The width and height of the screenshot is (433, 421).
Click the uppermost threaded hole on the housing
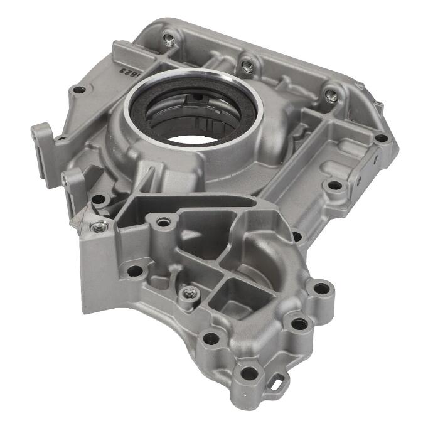tap(168, 39)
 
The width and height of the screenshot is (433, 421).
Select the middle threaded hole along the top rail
tap(248, 65)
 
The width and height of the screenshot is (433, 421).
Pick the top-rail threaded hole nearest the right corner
tap(331, 96)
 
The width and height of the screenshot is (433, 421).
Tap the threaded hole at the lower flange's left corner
tap(99, 226)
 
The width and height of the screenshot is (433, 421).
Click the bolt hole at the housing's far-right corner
tap(380, 137)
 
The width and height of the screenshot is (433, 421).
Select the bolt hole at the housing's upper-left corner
tap(79, 90)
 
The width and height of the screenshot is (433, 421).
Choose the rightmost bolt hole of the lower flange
tap(321, 289)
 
